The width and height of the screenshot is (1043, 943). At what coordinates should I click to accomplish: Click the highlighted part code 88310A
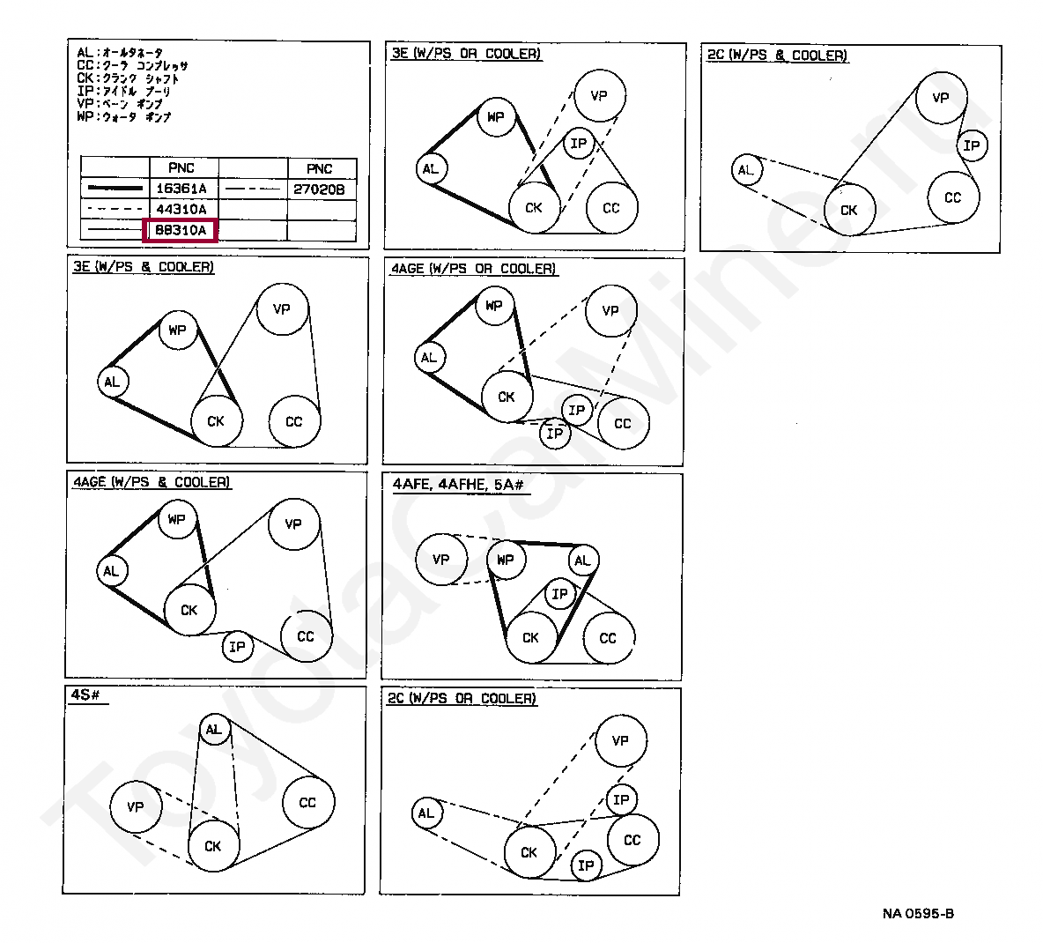pyautogui.click(x=181, y=231)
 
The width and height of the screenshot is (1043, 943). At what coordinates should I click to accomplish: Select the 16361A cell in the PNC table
pyautogui.click(x=181, y=189)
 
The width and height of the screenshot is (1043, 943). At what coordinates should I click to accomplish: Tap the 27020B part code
pyautogui.click(x=320, y=189)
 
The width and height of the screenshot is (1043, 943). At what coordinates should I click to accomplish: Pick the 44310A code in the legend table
pyautogui.click(x=181, y=210)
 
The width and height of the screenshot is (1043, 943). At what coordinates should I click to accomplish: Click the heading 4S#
pyautogui.click(x=85, y=695)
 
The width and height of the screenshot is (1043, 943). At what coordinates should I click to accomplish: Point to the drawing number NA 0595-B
pyautogui.click(x=918, y=913)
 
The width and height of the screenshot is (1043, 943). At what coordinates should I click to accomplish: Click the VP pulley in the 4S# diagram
pyautogui.click(x=136, y=806)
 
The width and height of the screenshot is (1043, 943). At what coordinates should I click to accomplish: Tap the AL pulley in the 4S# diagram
pyautogui.click(x=214, y=729)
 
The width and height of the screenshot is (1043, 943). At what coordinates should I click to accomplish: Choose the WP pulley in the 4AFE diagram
pyautogui.click(x=506, y=560)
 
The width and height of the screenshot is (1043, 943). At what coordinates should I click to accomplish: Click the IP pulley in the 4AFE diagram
pyautogui.click(x=559, y=594)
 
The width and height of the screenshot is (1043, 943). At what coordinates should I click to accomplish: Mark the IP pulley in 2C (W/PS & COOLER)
pyautogui.click(x=972, y=145)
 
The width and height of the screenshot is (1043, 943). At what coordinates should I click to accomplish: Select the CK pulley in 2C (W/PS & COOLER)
pyautogui.click(x=848, y=210)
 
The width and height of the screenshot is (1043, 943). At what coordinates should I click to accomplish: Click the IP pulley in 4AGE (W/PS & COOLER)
pyautogui.click(x=237, y=648)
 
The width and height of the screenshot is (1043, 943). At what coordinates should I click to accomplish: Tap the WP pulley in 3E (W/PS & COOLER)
pyautogui.click(x=178, y=330)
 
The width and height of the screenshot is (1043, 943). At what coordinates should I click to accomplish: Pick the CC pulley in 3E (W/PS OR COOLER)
pyautogui.click(x=611, y=208)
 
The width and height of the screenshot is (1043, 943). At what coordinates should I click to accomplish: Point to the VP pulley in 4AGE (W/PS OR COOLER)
pyautogui.click(x=610, y=310)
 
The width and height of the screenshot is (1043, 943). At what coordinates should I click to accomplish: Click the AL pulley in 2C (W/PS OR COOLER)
pyautogui.click(x=426, y=813)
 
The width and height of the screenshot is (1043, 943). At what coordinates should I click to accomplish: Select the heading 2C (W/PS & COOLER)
pyautogui.click(x=777, y=55)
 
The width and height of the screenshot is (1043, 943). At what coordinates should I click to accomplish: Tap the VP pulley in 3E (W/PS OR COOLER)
pyautogui.click(x=599, y=94)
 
